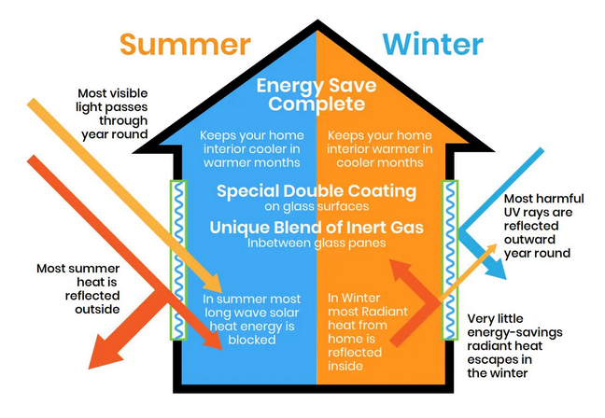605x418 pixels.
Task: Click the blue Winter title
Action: (431, 44)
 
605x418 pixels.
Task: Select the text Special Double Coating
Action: (317, 191)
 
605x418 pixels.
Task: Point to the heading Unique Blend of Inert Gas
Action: (317, 228)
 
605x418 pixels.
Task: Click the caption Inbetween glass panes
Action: (317, 244)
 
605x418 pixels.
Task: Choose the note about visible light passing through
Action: (113, 113)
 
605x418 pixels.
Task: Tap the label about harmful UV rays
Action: (544, 226)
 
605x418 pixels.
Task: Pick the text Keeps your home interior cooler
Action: (251, 148)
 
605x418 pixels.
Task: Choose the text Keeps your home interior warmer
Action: (377, 148)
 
